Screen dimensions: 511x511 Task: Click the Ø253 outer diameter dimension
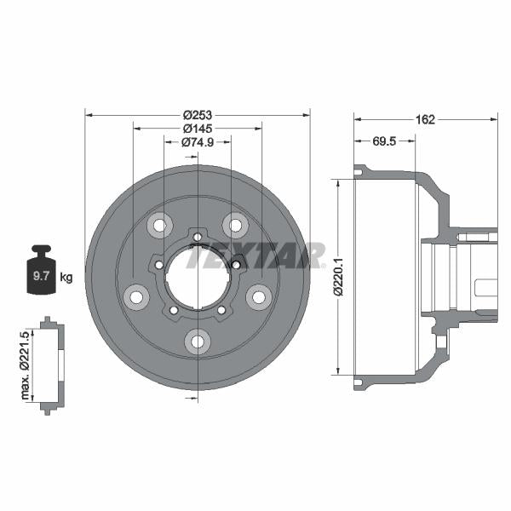click(198, 114)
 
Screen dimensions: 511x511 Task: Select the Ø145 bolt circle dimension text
click(198, 128)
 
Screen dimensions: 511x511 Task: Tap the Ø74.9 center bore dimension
click(198, 141)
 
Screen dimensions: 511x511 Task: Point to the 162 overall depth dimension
click(426, 120)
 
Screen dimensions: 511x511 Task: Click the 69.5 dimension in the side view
click(384, 141)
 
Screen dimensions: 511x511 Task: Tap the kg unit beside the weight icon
click(66, 278)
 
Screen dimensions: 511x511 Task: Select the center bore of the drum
click(198, 276)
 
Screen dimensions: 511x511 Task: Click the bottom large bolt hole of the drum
click(198, 342)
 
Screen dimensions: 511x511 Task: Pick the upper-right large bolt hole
click(236, 225)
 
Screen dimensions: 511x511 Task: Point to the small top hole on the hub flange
click(198, 236)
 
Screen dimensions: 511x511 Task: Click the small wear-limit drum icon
click(51, 365)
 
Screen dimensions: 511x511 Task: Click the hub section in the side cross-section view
click(460, 277)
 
